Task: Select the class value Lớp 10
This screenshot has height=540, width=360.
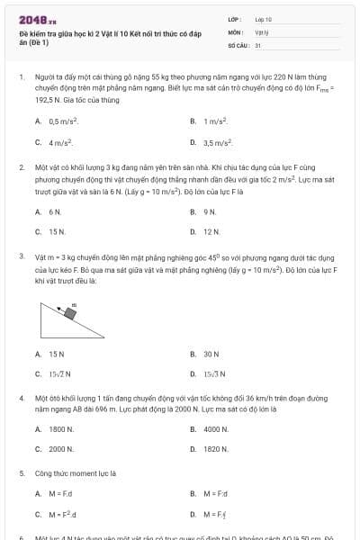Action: [x=263, y=19]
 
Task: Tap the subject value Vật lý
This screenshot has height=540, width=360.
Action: [x=262, y=31]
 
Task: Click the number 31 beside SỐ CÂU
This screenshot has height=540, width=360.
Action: [x=258, y=44]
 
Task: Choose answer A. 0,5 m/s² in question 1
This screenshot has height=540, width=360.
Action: [x=61, y=121]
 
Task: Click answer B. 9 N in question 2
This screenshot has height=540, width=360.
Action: [x=210, y=211]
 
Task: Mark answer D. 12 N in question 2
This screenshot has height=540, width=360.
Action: [x=211, y=232]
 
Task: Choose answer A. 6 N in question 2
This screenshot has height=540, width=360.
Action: [x=55, y=211]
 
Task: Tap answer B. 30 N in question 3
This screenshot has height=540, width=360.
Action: [x=211, y=354]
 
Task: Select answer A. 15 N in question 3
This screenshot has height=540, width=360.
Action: [x=57, y=354]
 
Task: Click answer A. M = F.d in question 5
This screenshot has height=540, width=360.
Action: [x=59, y=493]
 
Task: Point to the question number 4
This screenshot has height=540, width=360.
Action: [x=21, y=397]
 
